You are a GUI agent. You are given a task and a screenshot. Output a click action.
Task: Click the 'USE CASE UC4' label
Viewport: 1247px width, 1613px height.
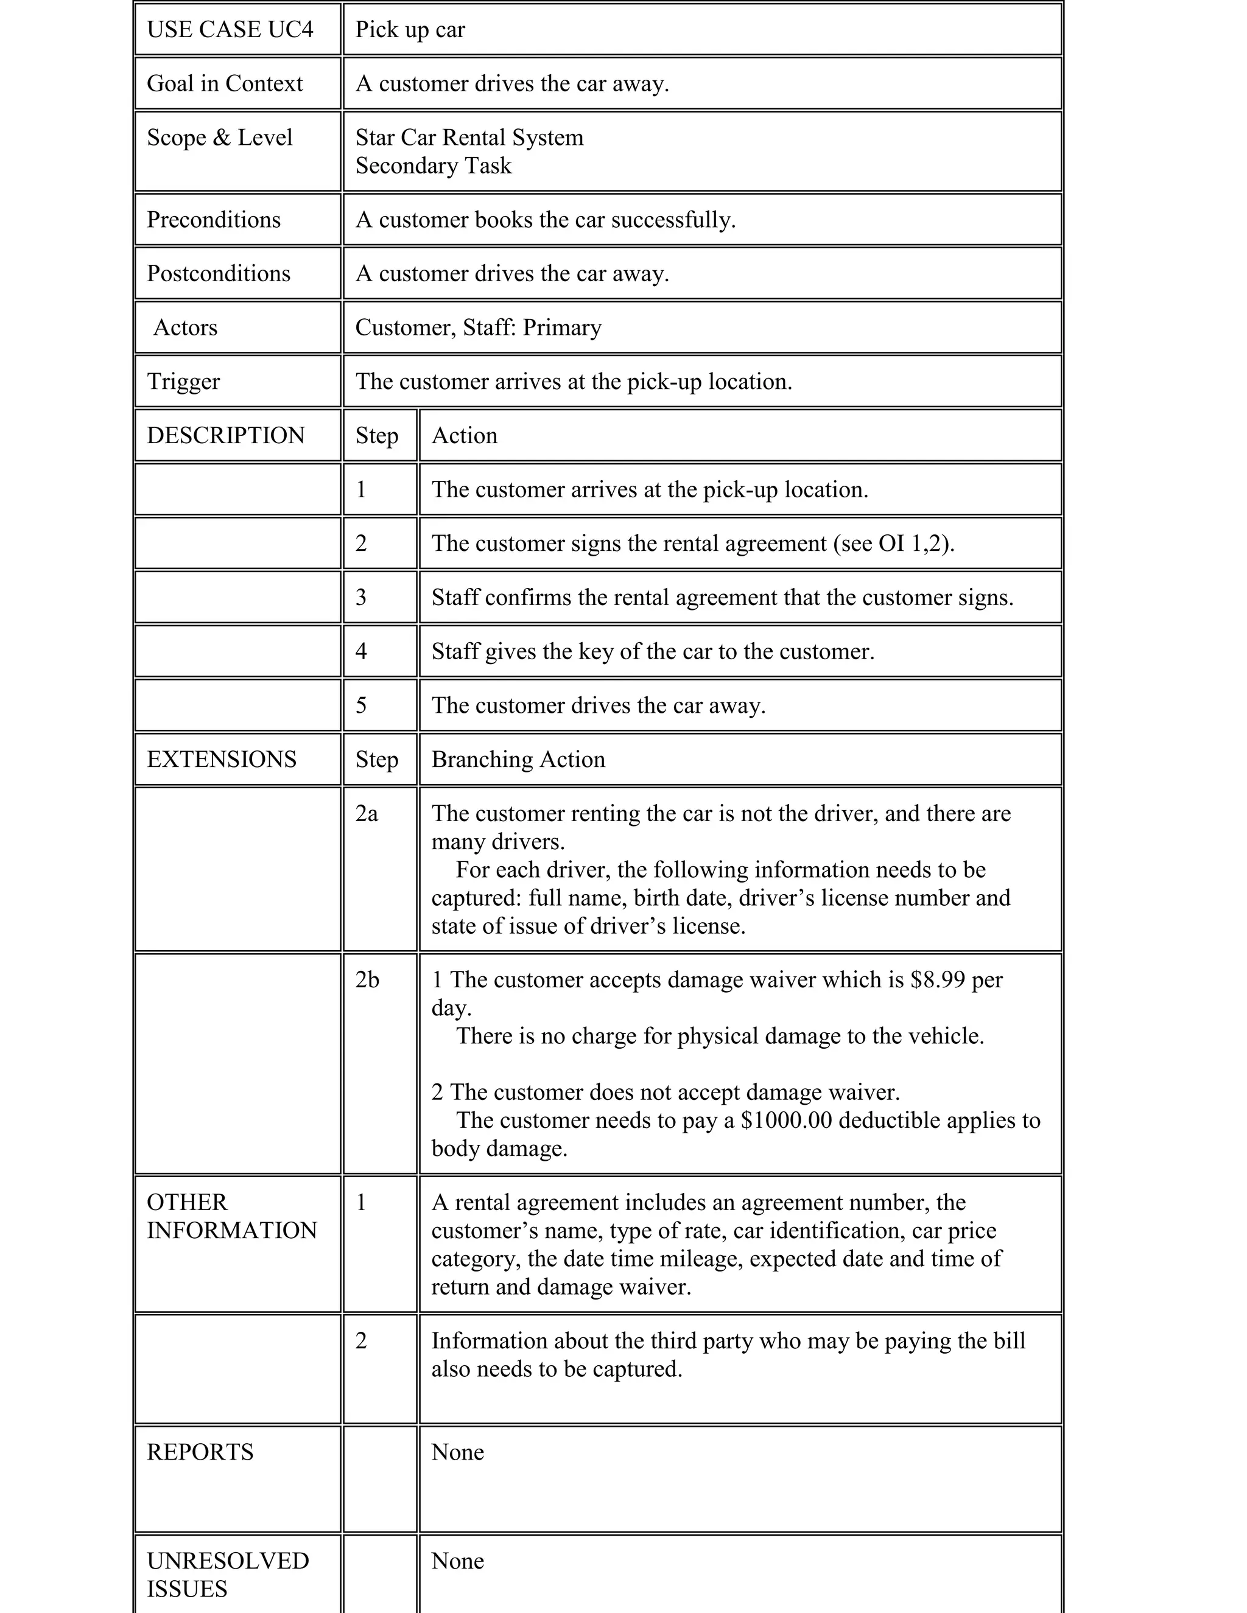(x=230, y=30)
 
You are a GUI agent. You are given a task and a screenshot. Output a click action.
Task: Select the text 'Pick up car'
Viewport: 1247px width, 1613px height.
(x=410, y=30)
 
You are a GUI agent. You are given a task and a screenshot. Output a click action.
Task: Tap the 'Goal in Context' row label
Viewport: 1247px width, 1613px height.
(x=225, y=83)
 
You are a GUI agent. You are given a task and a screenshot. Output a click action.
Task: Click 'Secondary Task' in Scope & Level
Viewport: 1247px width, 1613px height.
(x=433, y=166)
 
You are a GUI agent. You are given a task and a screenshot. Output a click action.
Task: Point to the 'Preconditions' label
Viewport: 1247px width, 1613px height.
(x=214, y=219)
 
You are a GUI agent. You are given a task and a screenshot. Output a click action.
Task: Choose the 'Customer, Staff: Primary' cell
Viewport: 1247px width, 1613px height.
(x=478, y=327)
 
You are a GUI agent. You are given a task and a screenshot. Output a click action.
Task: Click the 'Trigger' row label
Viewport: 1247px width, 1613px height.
(x=183, y=381)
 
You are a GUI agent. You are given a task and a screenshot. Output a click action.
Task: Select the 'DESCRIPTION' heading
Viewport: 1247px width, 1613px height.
(x=225, y=435)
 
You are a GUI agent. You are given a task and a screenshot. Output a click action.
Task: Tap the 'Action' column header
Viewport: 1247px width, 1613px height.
(x=464, y=435)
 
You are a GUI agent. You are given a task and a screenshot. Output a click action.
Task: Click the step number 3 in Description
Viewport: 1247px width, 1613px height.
(x=360, y=597)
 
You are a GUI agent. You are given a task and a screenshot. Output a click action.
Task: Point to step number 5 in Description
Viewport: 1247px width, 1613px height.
(x=360, y=705)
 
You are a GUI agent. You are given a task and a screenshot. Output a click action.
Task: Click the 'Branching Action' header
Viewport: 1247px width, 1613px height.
(x=518, y=759)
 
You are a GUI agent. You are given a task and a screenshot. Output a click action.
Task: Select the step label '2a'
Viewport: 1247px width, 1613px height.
(x=367, y=813)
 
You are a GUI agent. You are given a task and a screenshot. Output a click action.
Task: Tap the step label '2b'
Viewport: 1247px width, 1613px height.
(x=367, y=979)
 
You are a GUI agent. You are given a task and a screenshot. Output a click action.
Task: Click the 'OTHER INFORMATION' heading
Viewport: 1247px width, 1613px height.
(x=231, y=1216)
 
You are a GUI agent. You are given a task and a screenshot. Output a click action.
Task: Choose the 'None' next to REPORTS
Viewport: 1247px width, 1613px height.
(x=457, y=1451)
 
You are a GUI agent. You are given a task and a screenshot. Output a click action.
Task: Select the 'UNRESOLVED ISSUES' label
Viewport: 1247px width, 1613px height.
(x=228, y=1574)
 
